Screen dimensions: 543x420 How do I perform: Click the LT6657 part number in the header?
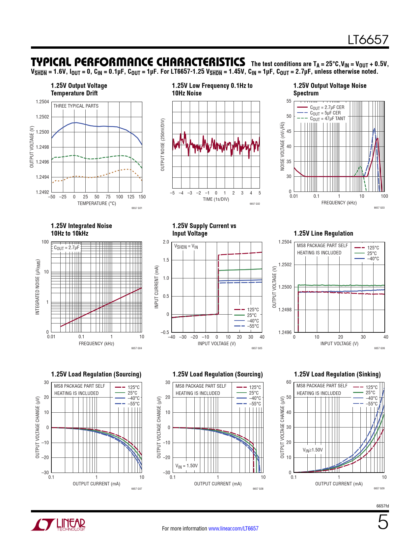368,40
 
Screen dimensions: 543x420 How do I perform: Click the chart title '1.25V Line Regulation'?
323,233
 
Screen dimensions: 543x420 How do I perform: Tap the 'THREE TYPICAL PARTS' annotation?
76,106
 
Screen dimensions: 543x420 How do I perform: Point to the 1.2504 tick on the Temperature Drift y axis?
42,102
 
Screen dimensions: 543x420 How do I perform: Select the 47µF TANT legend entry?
327,118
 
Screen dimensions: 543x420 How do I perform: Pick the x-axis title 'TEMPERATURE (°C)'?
97,203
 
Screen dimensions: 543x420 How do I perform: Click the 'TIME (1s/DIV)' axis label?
216,199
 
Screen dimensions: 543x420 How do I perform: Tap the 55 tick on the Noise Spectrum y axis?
289,101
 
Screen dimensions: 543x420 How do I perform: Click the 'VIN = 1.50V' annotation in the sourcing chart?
186,466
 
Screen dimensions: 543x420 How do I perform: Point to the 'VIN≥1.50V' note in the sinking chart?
313,450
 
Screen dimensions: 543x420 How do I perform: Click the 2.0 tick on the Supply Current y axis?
166,242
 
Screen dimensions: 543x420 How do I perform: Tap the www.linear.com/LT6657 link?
233,529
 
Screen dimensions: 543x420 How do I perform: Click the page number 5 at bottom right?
383,522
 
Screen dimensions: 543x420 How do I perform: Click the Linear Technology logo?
58,524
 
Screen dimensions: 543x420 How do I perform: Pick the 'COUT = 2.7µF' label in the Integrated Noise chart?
67,247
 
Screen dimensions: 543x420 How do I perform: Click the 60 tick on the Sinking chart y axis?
289,382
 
